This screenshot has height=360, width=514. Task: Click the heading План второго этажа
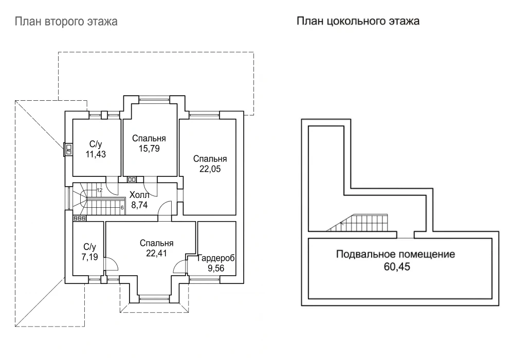point(66,22)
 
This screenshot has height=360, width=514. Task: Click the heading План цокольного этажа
point(358,21)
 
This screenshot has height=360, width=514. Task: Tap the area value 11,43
point(96,154)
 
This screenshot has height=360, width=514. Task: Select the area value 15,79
point(149,149)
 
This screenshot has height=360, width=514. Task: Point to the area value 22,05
point(210,169)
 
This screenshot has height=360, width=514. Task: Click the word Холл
point(139,195)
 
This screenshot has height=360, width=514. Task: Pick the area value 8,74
point(139,205)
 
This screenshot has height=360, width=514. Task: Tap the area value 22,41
point(156,253)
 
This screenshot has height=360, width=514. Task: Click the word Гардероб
point(216,258)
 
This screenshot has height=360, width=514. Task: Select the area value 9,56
point(216,268)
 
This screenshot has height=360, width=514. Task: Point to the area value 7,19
point(90,257)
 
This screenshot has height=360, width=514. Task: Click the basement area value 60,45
point(397,266)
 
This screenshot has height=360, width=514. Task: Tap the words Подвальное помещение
point(396,254)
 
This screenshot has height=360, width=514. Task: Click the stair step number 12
point(100,190)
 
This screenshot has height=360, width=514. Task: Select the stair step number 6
point(122,208)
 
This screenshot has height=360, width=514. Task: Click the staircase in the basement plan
point(357,223)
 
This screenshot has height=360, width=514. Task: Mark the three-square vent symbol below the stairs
point(79,218)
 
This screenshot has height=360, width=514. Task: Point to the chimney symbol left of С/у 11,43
point(68,150)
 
